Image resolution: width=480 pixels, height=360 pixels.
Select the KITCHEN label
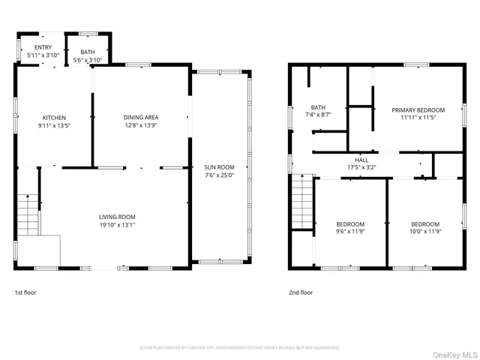pyautogui.click(x=54, y=118)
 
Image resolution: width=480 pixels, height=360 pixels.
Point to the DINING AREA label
pyautogui.click(x=141, y=117)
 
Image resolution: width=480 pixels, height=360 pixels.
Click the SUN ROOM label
pyautogui.click(x=220, y=167)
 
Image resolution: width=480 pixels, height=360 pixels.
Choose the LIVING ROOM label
pyautogui.click(x=116, y=217)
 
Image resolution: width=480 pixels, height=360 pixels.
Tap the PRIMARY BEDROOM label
pyautogui.click(x=418, y=110)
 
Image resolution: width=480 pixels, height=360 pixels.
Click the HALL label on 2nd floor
pyautogui.click(x=361, y=160)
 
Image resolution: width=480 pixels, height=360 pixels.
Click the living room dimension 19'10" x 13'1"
pyautogui.click(x=116, y=225)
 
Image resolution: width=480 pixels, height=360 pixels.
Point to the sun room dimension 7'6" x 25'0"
pyautogui.click(x=220, y=175)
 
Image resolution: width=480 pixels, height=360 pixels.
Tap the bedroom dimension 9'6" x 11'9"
pyautogui.click(x=350, y=232)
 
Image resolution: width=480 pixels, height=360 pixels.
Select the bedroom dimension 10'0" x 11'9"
pyautogui.click(x=425, y=232)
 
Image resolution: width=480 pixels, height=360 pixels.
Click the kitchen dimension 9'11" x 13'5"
pyautogui.click(x=54, y=126)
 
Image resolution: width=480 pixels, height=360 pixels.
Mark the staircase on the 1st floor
pyautogui.click(x=27, y=214)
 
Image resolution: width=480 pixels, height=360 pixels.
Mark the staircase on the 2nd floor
pyautogui.click(x=302, y=203)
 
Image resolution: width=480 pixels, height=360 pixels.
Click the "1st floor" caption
pyautogui.click(x=26, y=292)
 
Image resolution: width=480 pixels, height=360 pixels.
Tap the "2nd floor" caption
pyautogui.click(x=301, y=292)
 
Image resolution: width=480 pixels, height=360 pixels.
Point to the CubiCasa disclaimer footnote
pyautogui.click(x=240, y=348)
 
